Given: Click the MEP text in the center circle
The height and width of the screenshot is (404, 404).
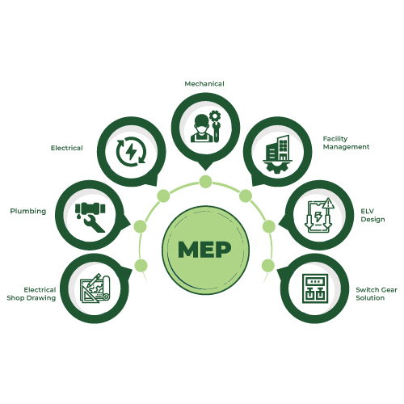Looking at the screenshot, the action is [204, 250].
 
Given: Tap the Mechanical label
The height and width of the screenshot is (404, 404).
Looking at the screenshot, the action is [204, 84].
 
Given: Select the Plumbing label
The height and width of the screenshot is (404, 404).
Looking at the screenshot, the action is [28, 211].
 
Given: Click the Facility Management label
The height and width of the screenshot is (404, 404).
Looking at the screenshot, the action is [346, 143].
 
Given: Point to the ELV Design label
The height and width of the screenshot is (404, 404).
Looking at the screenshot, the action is [372, 215].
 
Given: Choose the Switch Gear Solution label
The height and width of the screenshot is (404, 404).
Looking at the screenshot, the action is [377, 294].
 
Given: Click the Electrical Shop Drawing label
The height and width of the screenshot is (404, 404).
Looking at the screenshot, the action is [32, 294].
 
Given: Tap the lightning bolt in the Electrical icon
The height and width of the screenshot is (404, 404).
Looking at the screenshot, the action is [131, 152].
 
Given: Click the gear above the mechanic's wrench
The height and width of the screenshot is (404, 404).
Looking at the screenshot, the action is [215, 116].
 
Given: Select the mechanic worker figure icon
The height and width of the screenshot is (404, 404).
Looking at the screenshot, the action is [202, 128].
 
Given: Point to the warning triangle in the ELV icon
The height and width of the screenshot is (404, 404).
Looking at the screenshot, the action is [328, 204].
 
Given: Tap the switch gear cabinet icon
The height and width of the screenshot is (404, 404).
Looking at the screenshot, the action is [315, 288].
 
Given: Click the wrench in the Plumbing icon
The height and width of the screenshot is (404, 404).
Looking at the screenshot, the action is [93, 223].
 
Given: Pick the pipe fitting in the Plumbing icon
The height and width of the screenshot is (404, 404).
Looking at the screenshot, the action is [90, 208].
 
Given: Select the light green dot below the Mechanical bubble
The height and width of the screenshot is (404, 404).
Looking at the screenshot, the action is [205, 182].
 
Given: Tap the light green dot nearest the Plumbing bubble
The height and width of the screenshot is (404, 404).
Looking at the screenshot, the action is [140, 226].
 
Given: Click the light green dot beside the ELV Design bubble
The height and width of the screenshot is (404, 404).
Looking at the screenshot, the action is [269, 226].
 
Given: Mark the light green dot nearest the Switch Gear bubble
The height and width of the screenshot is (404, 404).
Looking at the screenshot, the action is [268, 266].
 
